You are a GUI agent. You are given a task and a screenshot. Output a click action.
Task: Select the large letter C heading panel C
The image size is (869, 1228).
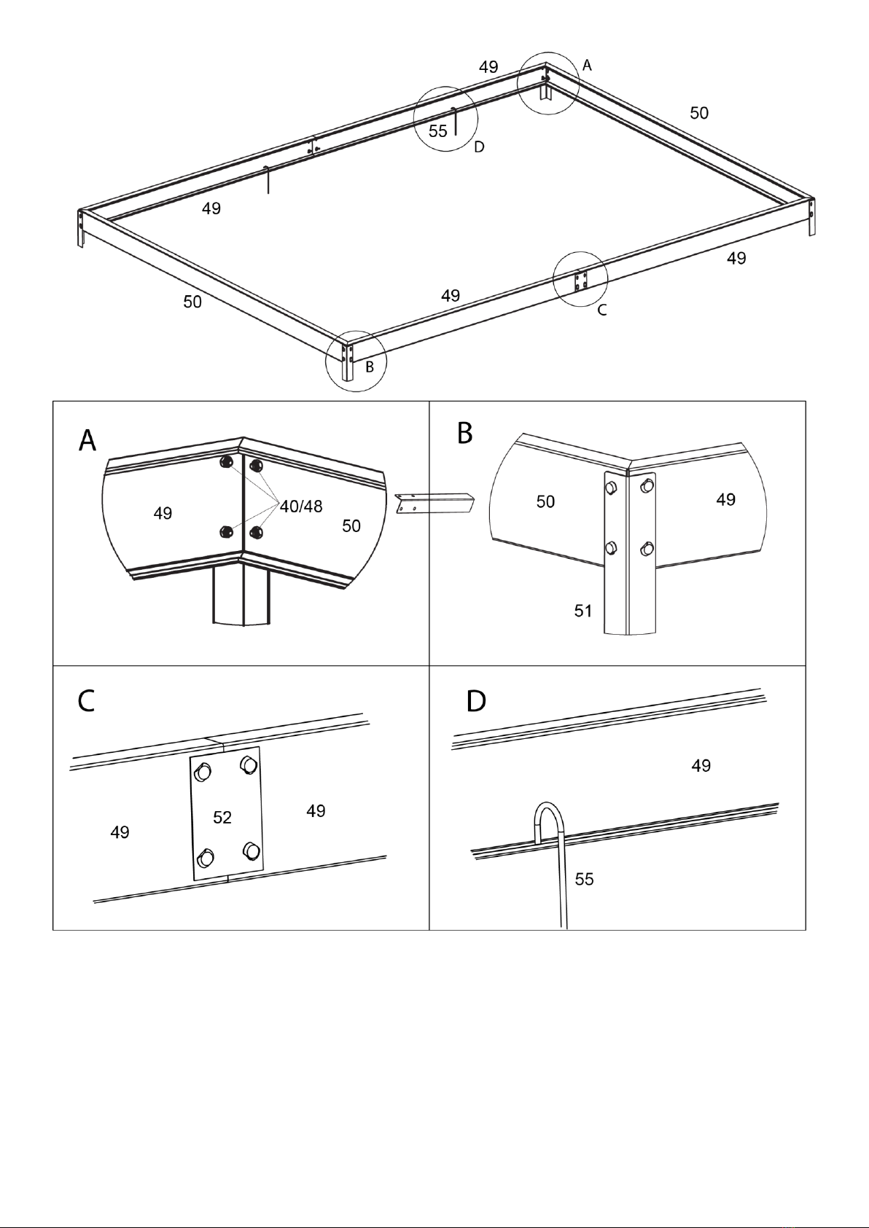86,701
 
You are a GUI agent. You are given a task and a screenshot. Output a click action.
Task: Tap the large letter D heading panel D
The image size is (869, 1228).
476,701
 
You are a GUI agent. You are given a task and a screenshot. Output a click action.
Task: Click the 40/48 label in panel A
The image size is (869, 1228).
301,507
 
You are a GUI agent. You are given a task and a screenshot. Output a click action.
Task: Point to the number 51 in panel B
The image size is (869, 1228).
583,611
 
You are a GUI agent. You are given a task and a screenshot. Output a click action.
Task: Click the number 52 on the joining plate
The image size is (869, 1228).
222,818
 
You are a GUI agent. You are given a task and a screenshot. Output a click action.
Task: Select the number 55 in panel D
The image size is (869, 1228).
584,879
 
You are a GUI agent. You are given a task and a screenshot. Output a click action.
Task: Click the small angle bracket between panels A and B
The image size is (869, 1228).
434,503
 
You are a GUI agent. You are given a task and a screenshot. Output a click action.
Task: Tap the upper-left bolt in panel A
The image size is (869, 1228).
225,461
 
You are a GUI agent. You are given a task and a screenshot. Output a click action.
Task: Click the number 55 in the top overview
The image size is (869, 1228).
438,132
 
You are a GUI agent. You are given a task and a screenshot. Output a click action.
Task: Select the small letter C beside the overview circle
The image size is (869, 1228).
602,310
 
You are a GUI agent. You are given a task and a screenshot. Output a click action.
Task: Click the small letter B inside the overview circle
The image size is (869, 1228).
370,367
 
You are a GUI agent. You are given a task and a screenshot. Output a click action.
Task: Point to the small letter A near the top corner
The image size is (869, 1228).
587,66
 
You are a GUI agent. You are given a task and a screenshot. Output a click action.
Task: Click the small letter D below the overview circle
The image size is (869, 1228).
479,147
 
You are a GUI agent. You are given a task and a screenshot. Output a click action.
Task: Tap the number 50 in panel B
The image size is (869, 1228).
545,501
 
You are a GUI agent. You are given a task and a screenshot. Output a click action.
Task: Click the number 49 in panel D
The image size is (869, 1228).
701,765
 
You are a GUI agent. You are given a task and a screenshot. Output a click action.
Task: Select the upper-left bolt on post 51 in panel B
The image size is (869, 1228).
612,485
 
